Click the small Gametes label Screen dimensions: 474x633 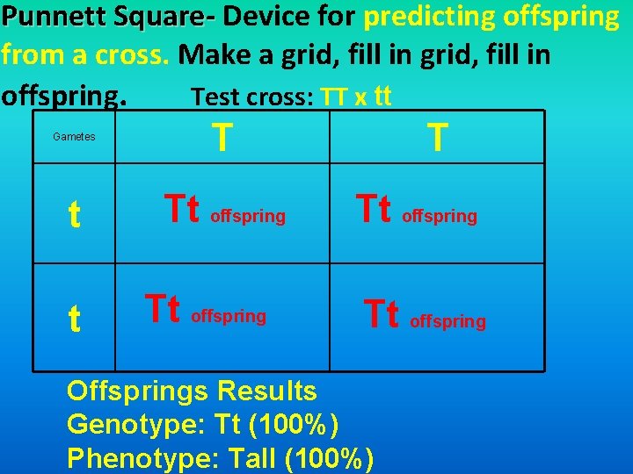pyautogui.click(x=74, y=137)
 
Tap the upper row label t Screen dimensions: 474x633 pyautogui.click(x=75, y=216)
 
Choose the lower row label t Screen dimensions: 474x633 pyautogui.click(x=75, y=320)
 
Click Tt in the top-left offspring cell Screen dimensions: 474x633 pyautogui.click(x=183, y=210)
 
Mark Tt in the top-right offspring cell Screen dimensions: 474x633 pyautogui.click(x=374, y=210)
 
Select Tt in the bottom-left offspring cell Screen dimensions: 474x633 pyautogui.click(x=163, y=309)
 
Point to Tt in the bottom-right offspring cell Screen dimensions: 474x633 pyautogui.click(x=382, y=314)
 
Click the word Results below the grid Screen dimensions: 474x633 pyautogui.click(x=267, y=390)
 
